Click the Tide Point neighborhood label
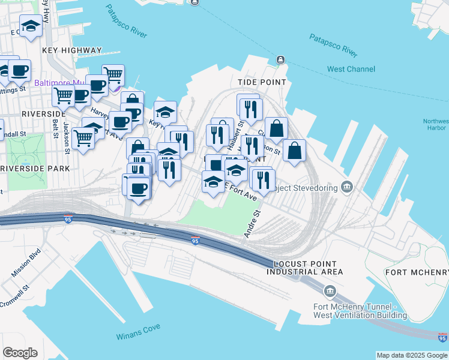(x=262, y=82)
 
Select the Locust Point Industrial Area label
(x=308, y=268)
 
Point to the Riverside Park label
(x=35, y=169)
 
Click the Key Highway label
(x=72, y=50)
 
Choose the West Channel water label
(x=351, y=69)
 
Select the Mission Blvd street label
(x=25, y=262)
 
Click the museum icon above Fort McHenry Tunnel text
(x=330, y=292)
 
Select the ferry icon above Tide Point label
(x=280, y=60)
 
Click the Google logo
(x=20, y=353)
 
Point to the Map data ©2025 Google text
(x=412, y=355)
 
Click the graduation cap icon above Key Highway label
(x=31, y=25)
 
